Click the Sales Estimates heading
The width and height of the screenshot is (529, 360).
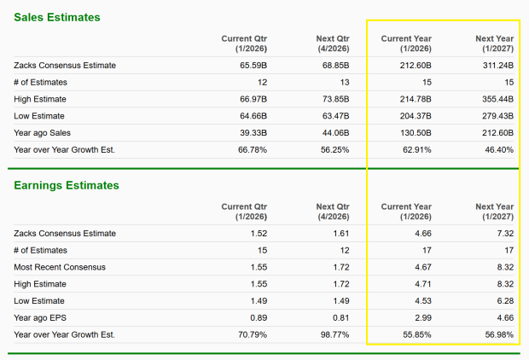(57, 17)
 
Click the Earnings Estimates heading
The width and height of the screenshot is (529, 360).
(67, 185)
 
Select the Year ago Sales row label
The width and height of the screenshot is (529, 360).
(42, 132)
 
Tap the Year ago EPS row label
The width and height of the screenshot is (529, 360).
(40, 317)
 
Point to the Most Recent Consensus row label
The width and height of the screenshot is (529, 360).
(60, 267)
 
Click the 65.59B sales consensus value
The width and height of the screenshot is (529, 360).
(253, 65)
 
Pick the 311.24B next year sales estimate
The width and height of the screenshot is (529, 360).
(497, 65)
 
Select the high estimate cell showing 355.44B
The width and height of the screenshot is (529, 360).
(497, 99)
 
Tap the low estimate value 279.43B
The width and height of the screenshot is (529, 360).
(497, 116)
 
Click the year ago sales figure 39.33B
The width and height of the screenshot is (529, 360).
(253, 132)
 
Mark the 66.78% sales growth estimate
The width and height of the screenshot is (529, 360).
(251, 149)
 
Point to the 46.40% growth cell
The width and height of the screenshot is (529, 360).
(498, 149)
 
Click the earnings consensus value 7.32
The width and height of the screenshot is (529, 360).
(505, 233)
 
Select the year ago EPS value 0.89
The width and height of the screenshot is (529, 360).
(259, 317)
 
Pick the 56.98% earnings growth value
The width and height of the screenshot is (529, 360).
(498, 334)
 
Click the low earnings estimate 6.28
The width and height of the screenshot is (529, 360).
(505, 300)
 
